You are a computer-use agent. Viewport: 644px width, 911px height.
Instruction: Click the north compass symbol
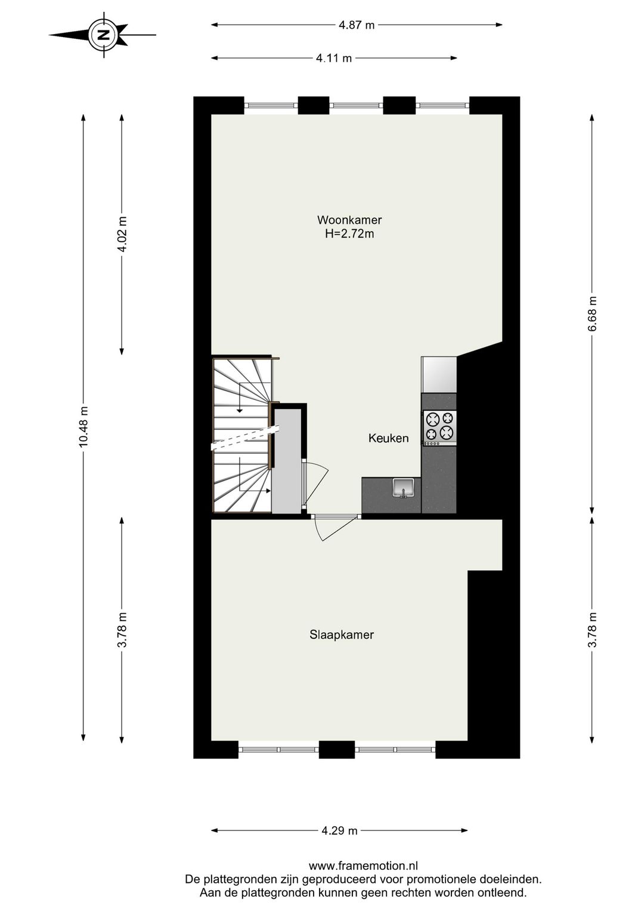[103, 35]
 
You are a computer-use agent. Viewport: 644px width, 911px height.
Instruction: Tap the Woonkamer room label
[349, 220]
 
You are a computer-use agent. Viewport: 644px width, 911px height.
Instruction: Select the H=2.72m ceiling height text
[349, 234]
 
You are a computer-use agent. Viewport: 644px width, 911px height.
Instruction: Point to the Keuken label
[388, 438]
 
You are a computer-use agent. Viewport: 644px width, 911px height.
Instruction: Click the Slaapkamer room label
[342, 635]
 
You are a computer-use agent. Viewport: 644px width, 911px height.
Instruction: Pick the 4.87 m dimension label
[357, 25]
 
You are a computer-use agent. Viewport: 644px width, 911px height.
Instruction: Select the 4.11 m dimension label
[334, 58]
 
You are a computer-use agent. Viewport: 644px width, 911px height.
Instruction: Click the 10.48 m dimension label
[83, 426]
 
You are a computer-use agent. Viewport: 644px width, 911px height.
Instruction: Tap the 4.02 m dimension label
[122, 234]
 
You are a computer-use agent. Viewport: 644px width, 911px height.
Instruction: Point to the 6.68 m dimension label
[592, 314]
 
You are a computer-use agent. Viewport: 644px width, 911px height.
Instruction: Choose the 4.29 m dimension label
[339, 830]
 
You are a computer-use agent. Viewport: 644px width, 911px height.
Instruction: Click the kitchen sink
[404, 487]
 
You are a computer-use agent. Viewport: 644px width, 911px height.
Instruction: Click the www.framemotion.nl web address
[363, 866]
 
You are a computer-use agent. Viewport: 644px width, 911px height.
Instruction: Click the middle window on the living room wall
[356, 106]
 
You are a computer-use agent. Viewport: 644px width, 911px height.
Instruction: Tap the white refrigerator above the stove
[439, 374]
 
